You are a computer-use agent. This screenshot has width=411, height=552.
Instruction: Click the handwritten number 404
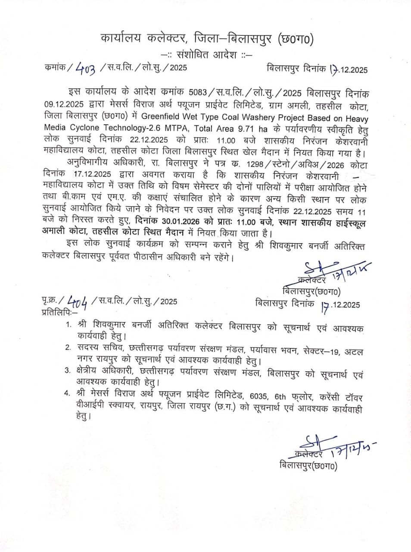(x=78, y=301)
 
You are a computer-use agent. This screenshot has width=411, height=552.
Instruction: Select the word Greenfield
(x=162, y=117)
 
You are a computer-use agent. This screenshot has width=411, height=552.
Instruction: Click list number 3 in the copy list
(x=67, y=370)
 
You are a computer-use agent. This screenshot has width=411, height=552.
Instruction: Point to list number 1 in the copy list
(x=68, y=325)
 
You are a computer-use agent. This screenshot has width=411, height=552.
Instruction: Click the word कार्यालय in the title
(x=121, y=39)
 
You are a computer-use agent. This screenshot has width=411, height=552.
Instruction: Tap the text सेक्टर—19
(x=323, y=351)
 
